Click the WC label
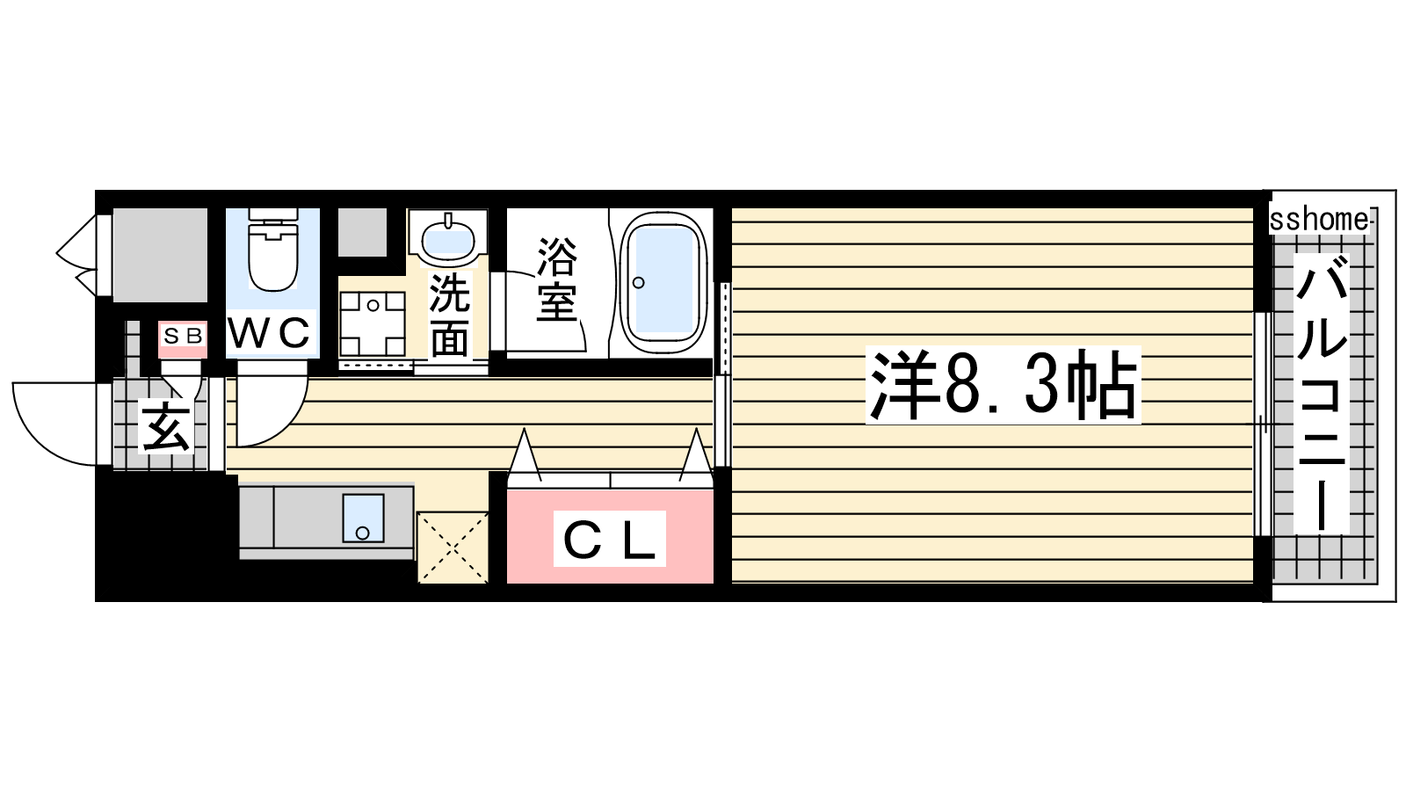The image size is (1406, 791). [269, 333]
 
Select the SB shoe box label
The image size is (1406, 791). [183, 337]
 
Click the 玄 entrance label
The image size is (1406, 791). [165, 428]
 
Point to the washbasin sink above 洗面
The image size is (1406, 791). [447, 237]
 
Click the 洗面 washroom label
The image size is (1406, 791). [449, 316]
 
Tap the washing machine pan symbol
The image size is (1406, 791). [373, 324]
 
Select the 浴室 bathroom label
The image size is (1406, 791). [556, 279]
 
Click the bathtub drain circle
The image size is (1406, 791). [639, 282]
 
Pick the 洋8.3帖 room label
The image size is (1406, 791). [1003, 385]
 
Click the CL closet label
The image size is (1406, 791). [610, 539]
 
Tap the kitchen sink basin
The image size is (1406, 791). [363, 518]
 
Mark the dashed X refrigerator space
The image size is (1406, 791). [453, 548]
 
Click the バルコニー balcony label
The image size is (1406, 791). [1322, 395]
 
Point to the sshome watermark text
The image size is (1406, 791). [1319, 220]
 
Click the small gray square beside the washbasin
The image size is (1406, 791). [362, 232]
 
